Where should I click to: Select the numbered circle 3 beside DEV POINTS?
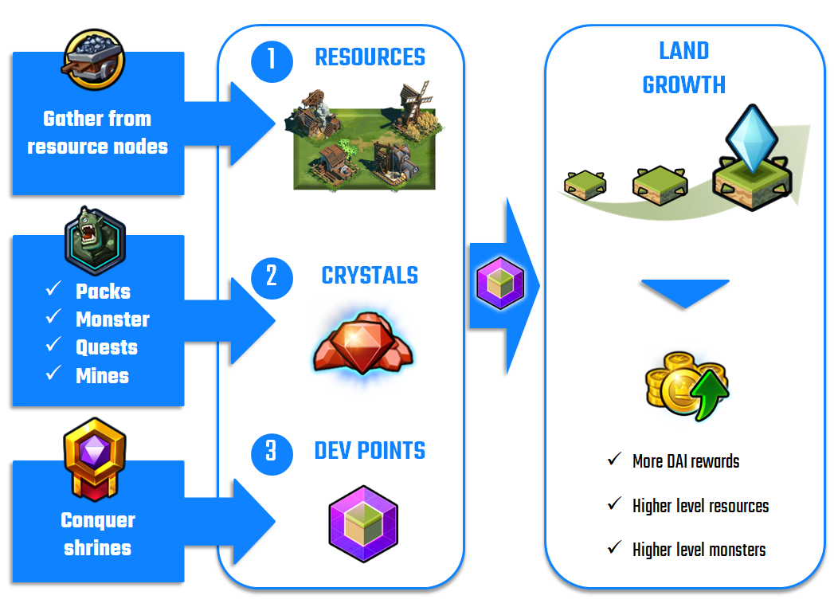point(272,452)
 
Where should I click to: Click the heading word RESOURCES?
point(370,57)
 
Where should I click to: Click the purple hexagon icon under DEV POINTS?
point(363,523)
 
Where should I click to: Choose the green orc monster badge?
point(96,238)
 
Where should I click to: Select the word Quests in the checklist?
point(107,347)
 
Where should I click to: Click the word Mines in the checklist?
point(102,376)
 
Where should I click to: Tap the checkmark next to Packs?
point(55,290)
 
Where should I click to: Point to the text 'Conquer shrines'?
point(98,534)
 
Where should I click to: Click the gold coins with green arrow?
point(686,387)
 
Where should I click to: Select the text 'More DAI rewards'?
point(686,461)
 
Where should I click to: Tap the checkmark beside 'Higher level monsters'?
point(614,548)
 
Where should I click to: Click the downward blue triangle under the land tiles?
point(684,292)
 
